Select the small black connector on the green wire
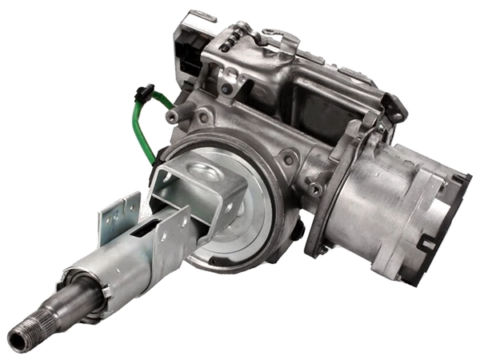145,90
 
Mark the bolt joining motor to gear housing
315,189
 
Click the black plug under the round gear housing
298,232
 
